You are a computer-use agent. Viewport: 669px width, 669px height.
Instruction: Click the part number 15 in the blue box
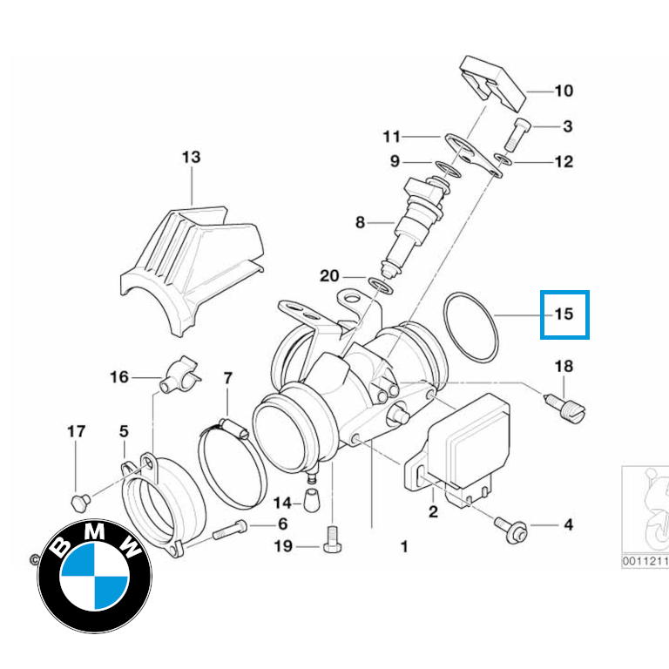(x=564, y=314)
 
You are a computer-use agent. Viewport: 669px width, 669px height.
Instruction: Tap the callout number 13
(x=191, y=158)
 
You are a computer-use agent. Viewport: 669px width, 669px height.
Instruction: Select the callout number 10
(x=564, y=91)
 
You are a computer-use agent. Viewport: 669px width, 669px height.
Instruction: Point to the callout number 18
(x=564, y=366)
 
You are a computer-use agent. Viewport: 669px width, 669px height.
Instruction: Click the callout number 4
(x=568, y=525)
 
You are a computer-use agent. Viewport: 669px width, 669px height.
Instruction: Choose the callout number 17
(x=77, y=431)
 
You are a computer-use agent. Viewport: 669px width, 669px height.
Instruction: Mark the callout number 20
(x=328, y=276)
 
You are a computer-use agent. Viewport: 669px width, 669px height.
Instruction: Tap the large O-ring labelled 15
(x=470, y=327)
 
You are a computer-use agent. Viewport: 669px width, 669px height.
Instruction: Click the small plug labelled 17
(x=78, y=501)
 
